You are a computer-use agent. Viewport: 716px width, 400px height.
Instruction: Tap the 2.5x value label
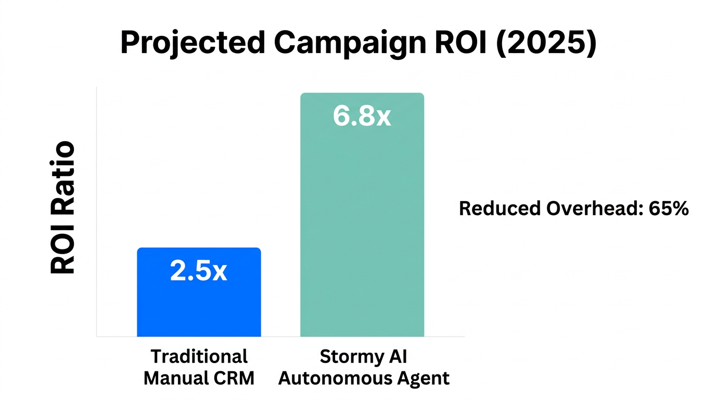coord(199,271)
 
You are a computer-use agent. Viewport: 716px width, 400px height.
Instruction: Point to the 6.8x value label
coord(362,117)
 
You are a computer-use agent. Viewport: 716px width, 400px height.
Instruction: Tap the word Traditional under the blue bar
coord(199,357)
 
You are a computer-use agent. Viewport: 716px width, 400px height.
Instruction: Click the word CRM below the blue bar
coord(235,378)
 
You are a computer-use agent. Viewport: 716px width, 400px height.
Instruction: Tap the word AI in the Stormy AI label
coord(398,357)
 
